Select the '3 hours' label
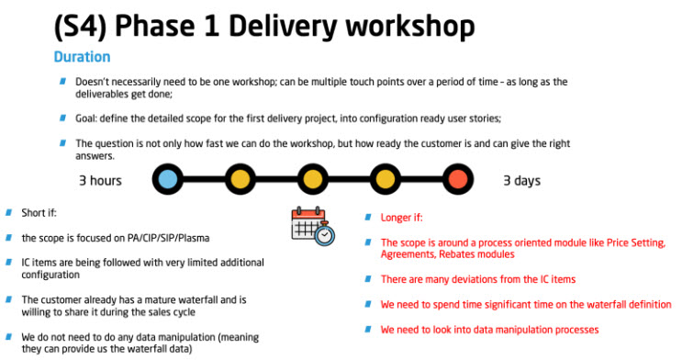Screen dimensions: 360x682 100,180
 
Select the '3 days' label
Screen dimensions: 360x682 521,180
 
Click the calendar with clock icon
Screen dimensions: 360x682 312,224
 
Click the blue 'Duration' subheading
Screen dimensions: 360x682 82,57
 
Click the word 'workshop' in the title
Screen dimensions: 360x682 408,24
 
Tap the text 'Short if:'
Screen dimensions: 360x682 41,213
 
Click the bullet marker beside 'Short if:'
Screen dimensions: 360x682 9,212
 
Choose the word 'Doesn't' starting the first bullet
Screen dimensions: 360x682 94,82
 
